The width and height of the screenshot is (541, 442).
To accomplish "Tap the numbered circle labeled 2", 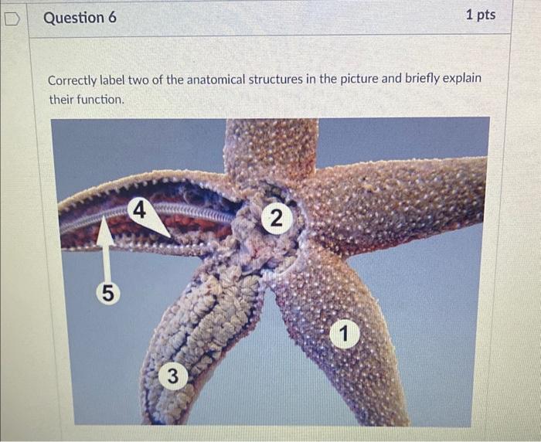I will click(274, 219).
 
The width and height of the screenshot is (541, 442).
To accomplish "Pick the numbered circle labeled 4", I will click(138, 209).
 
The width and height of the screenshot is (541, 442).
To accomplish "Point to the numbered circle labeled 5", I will click(108, 293).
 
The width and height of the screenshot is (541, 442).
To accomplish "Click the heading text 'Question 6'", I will click(80, 17).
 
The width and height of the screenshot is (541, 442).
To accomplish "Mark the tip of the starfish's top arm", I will click(270, 124).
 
